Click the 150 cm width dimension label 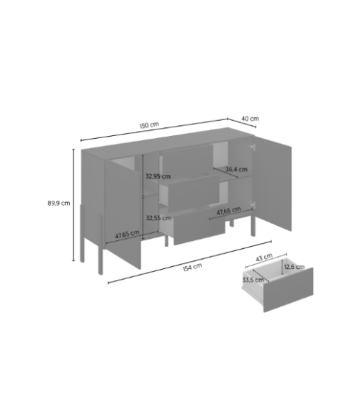[149, 125]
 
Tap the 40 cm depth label [250, 119]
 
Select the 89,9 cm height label [58, 203]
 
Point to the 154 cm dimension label [192, 267]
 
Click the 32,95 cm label [158, 176]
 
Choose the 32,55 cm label [158, 218]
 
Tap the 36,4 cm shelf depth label [236, 170]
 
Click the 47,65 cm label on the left [127, 235]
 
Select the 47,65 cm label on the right [228, 211]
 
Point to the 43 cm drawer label [264, 258]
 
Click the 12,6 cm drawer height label [294, 267]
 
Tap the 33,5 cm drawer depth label [253, 280]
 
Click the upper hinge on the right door [252, 147]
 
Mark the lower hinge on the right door [251, 204]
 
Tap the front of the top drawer [188, 160]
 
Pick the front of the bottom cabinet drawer [199, 227]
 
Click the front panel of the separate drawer [288, 290]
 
